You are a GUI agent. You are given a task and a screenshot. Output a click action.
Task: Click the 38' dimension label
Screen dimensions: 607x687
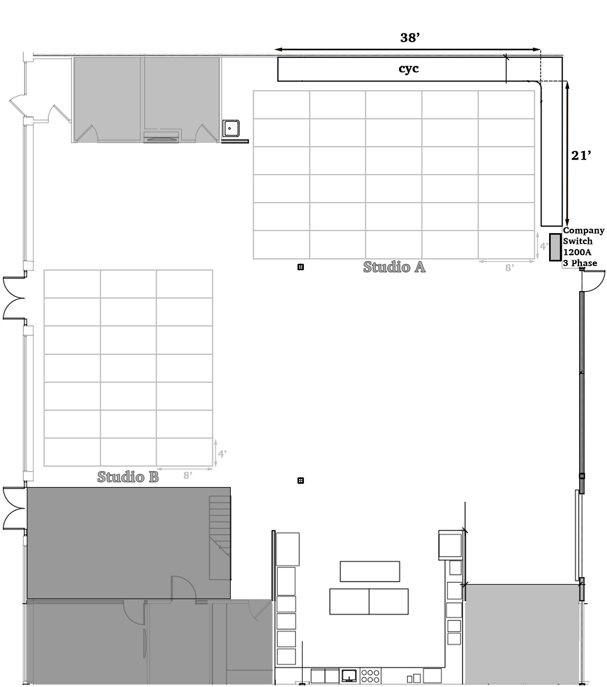click(410, 38)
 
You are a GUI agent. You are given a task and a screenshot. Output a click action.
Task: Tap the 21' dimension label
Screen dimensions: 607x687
click(581, 155)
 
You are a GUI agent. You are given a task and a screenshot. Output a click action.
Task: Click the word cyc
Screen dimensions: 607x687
click(409, 69)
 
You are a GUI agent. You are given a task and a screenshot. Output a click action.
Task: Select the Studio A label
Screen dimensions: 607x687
click(394, 267)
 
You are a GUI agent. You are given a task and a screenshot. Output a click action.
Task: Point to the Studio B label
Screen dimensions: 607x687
click(128, 477)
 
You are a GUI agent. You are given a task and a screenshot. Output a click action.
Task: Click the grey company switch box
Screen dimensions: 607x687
click(555, 247)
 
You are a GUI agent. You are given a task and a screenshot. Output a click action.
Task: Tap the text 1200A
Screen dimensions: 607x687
click(577, 252)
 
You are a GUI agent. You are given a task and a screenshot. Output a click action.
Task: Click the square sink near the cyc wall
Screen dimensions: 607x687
click(230, 128)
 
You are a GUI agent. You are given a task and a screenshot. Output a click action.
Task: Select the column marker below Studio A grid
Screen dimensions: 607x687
click(301, 267)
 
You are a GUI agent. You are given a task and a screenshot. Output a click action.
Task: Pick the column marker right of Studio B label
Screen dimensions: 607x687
click(301, 481)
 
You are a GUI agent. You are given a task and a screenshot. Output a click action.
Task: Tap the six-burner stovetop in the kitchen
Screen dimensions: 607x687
click(370, 676)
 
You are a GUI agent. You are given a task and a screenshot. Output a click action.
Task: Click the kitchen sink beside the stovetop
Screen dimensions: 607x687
click(349, 675)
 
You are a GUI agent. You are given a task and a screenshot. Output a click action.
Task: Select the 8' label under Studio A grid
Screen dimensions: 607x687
click(509, 268)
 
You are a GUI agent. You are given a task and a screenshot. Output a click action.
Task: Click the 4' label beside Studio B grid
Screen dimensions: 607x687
click(222, 454)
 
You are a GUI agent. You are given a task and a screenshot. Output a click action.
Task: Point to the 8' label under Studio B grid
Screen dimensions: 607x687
click(188, 475)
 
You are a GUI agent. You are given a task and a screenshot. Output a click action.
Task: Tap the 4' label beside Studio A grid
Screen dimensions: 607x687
click(544, 246)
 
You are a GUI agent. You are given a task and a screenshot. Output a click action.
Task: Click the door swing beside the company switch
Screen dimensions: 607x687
click(594, 281)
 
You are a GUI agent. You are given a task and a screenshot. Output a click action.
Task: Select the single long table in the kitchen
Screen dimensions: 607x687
click(370, 571)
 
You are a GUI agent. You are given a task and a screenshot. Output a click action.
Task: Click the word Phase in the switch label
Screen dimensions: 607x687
click(584, 263)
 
